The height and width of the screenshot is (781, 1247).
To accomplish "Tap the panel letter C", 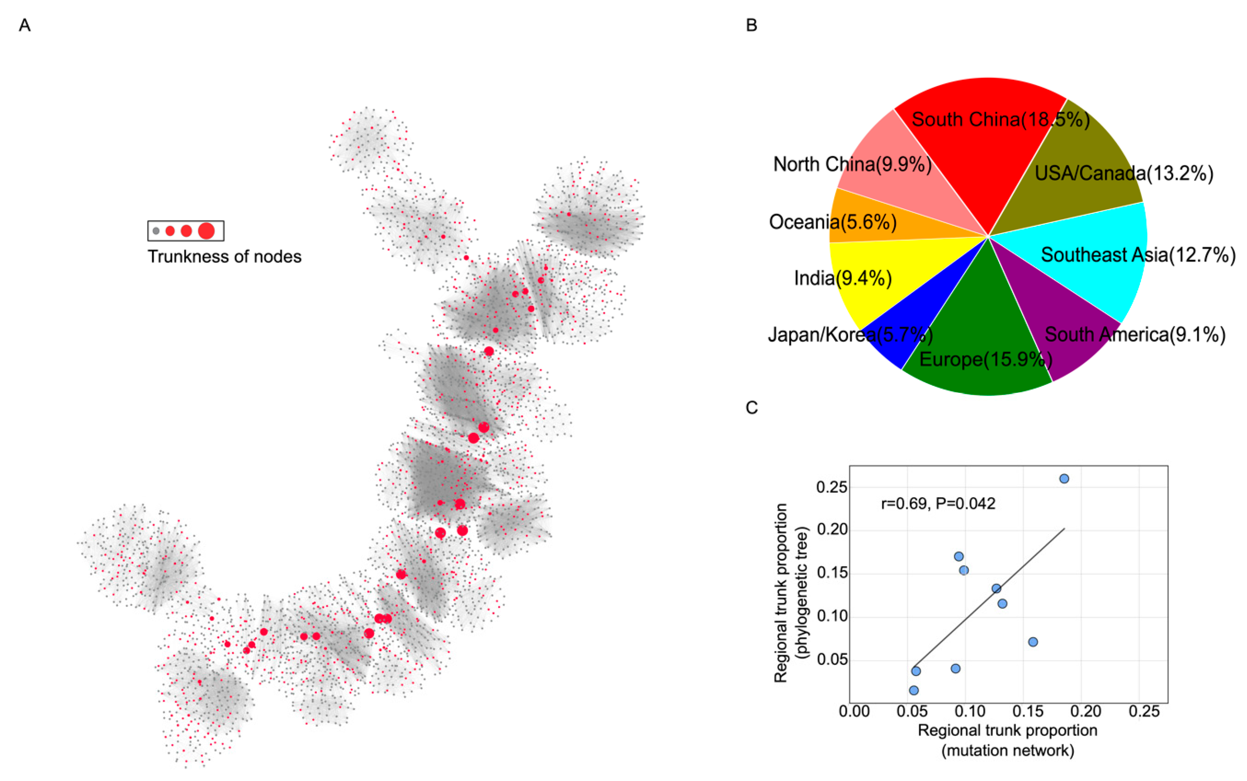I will (x=752, y=408).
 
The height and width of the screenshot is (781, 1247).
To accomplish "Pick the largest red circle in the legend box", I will (x=206, y=231).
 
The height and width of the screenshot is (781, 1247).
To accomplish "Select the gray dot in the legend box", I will (x=156, y=231).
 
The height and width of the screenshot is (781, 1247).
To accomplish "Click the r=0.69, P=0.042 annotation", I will (x=938, y=503).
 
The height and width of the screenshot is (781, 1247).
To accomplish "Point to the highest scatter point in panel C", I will (x=1064, y=479).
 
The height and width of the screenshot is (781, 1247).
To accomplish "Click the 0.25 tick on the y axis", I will (x=832, y=487).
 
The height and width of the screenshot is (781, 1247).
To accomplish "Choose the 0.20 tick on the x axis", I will (x=1086, y=712).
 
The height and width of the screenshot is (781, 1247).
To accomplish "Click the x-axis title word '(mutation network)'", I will (x=1008, y=751).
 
